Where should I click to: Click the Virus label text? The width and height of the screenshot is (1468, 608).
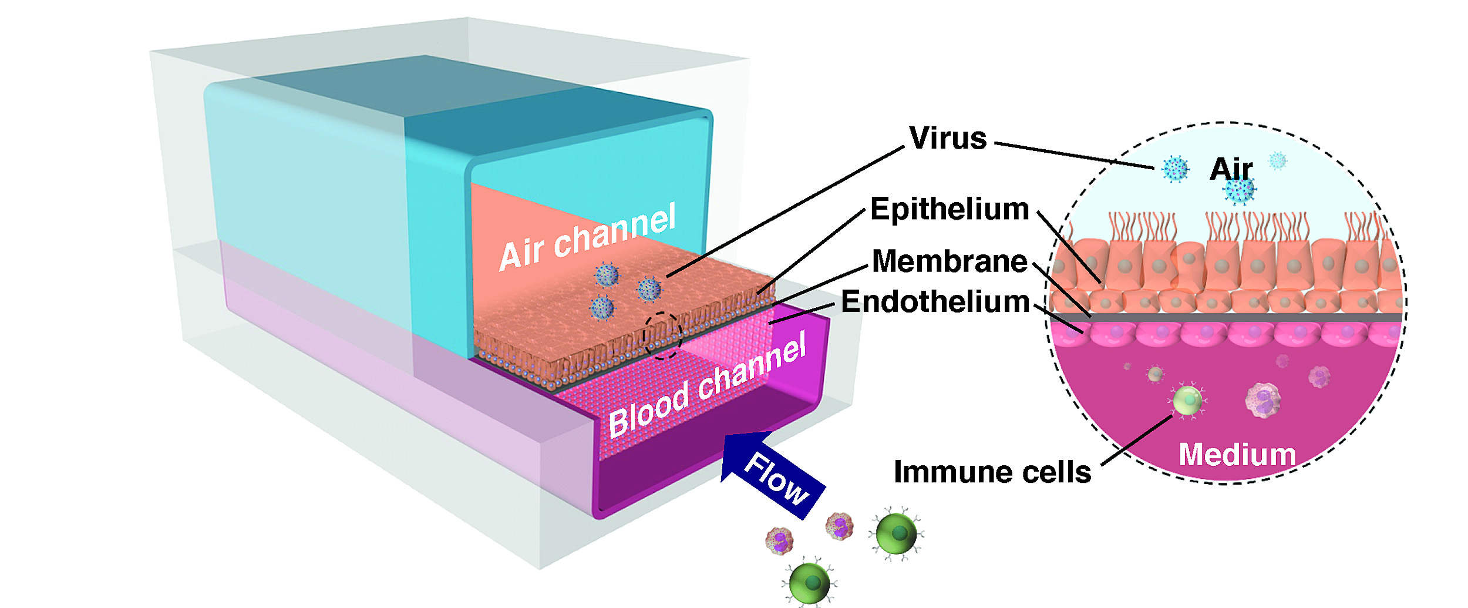948,139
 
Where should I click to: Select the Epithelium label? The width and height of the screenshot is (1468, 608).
950,210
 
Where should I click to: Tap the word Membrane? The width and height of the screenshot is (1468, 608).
950,261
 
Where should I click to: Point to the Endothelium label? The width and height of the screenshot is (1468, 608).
935,302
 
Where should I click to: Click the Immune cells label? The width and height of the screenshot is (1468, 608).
992,472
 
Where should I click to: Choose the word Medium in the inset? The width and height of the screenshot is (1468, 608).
1237,455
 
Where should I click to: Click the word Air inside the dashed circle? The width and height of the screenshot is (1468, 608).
1231,169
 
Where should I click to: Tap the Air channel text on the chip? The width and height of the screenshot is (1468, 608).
587,238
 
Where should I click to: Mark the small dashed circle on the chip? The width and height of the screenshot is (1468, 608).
662,335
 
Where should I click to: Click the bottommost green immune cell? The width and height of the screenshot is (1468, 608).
810,583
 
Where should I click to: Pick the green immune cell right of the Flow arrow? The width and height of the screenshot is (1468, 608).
896,534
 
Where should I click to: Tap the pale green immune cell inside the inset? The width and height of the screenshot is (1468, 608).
1187,401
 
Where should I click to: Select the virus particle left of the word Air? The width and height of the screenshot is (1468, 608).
1175,169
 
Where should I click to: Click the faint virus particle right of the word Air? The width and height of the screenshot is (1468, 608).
1278,160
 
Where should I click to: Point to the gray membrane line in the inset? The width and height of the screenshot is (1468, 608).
1233,317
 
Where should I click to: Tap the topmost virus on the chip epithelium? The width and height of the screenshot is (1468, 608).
607,275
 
